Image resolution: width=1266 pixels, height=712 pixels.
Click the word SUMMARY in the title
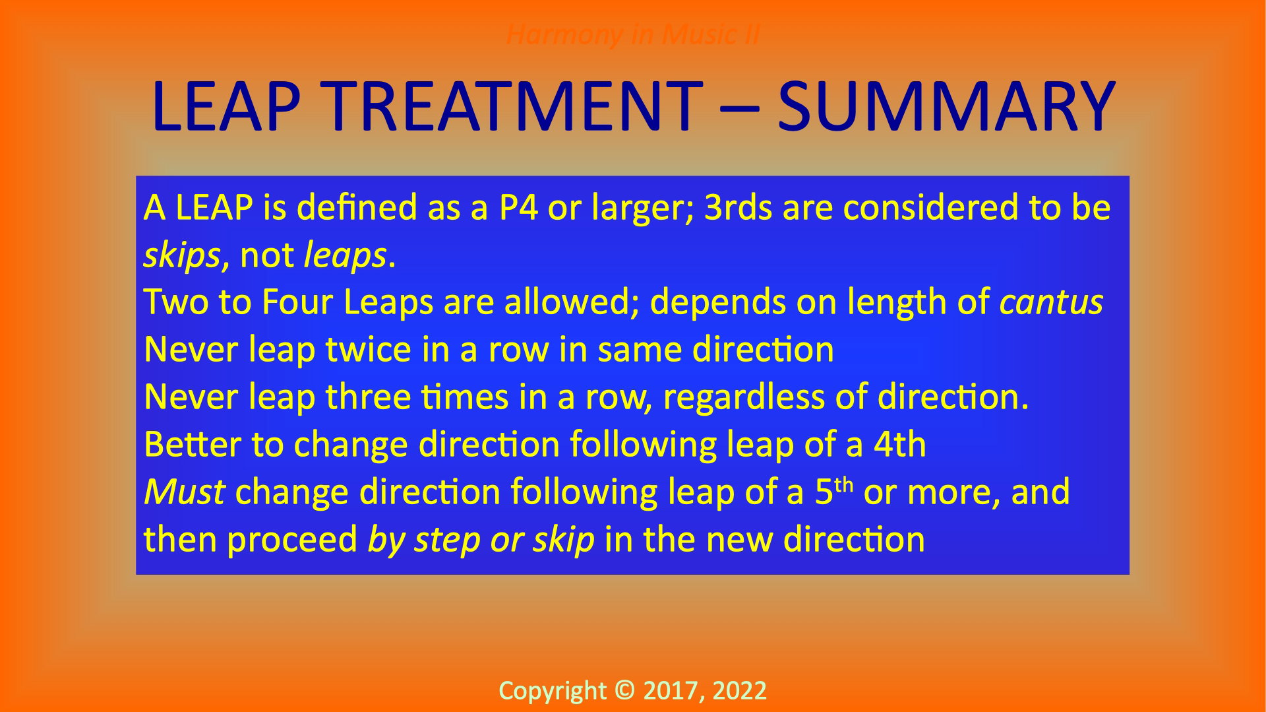[946, 106]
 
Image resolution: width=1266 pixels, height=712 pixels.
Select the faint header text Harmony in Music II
[632, 34]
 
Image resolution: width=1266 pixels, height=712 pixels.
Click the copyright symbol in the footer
[624, 690]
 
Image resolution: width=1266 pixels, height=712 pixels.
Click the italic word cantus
[1051, 303]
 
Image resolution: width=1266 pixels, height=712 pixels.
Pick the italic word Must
[185, 492]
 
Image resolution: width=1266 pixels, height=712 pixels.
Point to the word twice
[369, 349]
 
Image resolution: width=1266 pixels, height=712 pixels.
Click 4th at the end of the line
[899, 444]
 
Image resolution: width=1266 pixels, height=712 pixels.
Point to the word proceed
[292, 540]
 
